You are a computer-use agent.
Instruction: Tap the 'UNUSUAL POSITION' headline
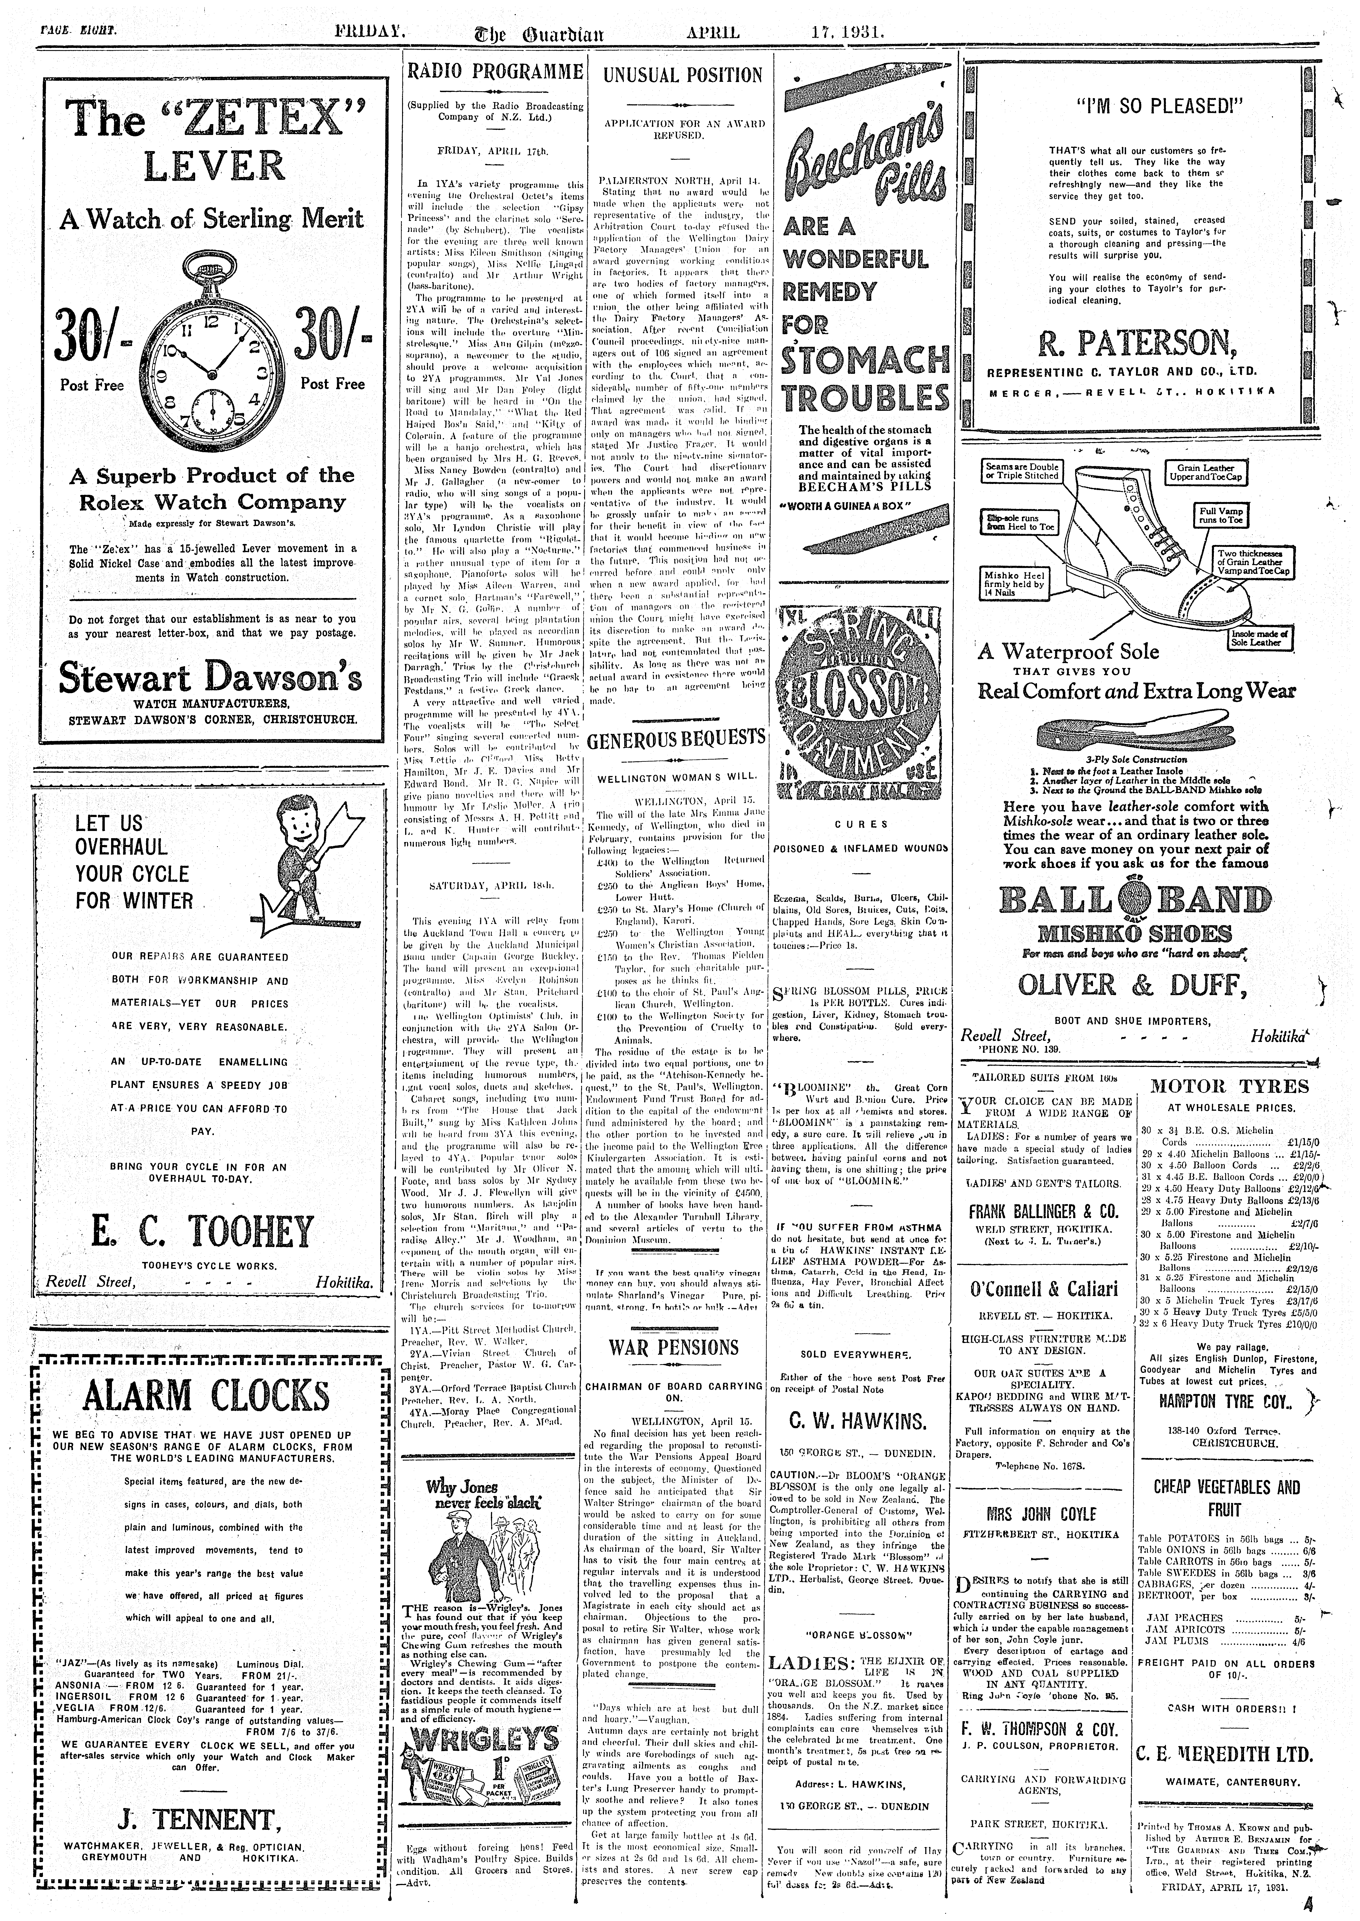point(683,75)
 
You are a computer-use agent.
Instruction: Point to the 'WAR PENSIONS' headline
point(674,1348)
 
